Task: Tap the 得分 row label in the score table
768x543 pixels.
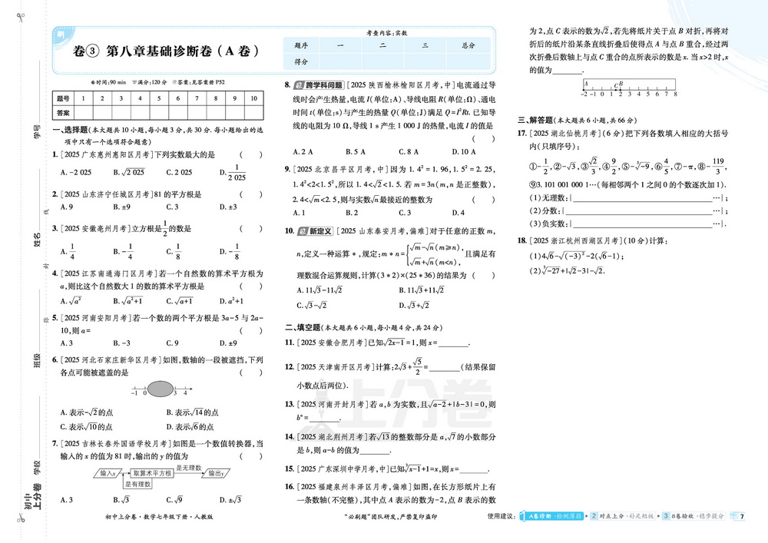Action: [301, 61]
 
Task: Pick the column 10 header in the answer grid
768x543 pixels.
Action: [253, 98]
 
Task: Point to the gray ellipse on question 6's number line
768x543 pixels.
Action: [159, 390]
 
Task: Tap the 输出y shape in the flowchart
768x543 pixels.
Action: [217, 475]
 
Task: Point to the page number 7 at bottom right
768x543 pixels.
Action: [742, 516]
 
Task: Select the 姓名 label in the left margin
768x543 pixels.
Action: [37, 240]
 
